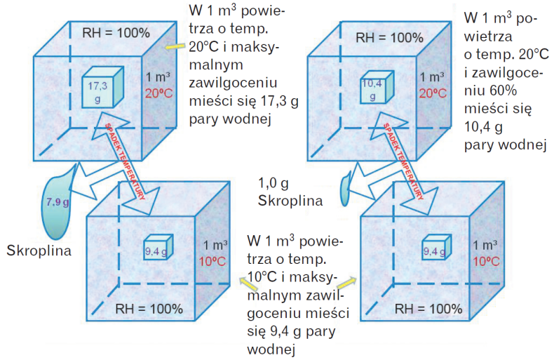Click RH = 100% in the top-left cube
point(116,32)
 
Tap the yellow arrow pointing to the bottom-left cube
point(245,281)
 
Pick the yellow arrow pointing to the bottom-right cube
point(347,281)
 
